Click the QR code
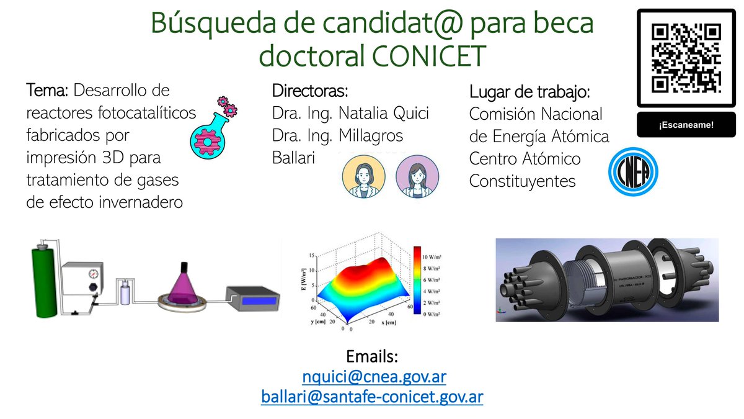[686, 58]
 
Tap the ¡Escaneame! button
[686, 125]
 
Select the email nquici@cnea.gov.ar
[374, 377]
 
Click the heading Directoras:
[310, 91]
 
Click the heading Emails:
[372, 357]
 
